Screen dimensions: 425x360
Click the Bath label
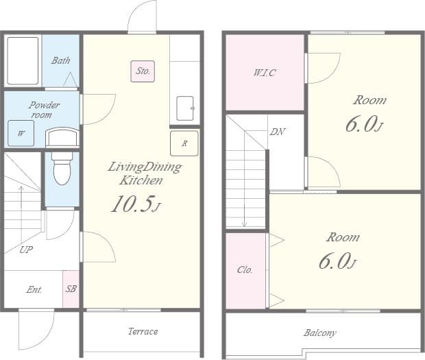point(61,60)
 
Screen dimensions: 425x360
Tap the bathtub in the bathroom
point(23,61)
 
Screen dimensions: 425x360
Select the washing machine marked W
point(21,134)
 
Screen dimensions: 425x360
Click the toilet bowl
point(62,169)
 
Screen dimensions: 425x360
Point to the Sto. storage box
point(143,71)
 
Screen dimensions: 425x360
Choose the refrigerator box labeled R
point(184,143)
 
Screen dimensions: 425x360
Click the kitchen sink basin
point(185,108)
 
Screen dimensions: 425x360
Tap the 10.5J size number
point(136,204)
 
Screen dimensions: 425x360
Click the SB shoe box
point(71,289)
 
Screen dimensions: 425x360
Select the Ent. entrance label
point(34,290)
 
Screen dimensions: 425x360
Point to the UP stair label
point(26,250)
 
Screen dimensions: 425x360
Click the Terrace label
point(143,331)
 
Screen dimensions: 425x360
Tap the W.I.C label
point(265,73)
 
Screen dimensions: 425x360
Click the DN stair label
point(278,132)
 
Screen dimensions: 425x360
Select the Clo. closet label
point(245,269)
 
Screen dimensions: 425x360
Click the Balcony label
point(320,333)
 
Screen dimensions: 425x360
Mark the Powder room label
point(44,110)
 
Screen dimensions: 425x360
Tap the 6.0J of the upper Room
point(365,124)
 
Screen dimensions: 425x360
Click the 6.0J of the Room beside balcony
point(338,261)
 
